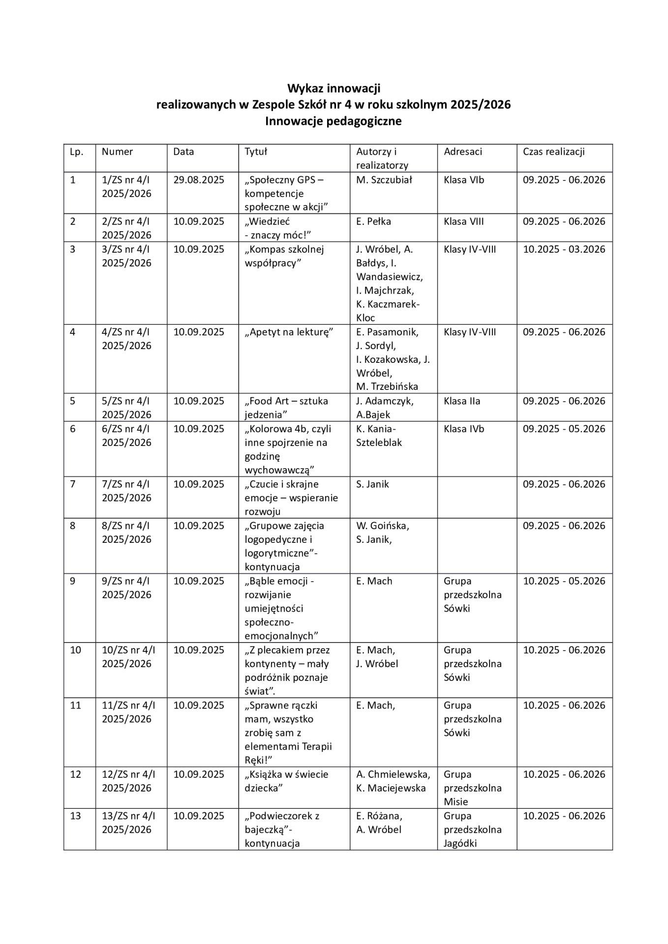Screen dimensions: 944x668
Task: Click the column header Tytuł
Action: (x=256, y=151)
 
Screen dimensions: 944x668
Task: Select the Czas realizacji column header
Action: (x=553, y=151)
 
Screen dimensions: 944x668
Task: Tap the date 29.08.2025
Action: (x=198, y=180)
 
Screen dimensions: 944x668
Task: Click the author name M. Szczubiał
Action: (x=384, y=180)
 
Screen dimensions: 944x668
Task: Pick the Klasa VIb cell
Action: (x=464, y=180)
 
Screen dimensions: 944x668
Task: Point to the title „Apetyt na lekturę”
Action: (x=289, y=332)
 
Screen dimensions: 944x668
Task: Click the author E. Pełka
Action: (x=373, y=221)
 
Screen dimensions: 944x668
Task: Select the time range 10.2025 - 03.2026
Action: (x=564, y=249)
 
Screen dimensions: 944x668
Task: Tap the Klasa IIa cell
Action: (x=462, y=401)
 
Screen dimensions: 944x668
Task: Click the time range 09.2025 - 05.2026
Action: (x=564, y=429)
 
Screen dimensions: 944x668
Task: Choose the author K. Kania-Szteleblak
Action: (x=379, y=436)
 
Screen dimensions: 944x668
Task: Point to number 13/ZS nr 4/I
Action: (x=128, y=816)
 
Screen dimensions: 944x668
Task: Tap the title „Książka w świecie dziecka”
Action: (x=286, y=781)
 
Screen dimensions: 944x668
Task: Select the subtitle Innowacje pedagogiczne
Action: (x=334, y=121)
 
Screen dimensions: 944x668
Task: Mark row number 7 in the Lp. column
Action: (x=73, y=484)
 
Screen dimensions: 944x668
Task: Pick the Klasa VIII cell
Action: (x=463, y=221)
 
